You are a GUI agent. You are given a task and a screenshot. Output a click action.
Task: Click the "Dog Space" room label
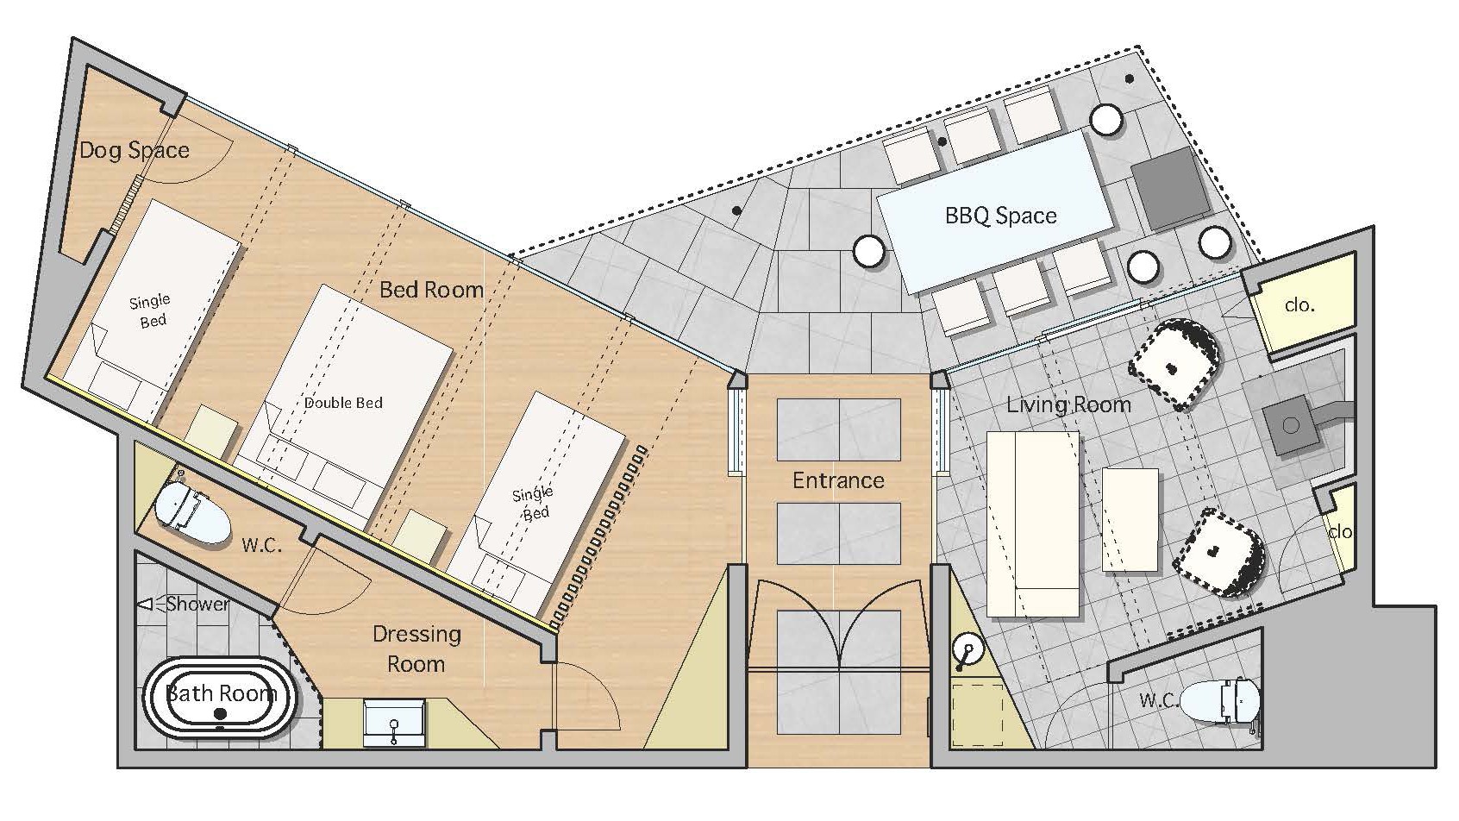[x=135, y=151]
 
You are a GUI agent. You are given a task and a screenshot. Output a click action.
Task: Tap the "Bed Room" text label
[x=431, y=289]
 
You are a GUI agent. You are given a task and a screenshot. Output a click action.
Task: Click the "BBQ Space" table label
[x=1000, y=216]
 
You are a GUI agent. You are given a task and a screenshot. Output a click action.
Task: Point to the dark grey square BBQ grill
[x=1170, y=188]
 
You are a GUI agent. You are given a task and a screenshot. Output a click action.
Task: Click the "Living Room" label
[x=1068, y=404]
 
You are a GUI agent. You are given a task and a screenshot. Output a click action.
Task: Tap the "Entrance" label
[x=838, y=481]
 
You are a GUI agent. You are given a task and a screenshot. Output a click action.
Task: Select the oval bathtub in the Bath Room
[x=220, y=698]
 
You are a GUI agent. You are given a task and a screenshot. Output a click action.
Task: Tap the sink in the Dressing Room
[x=394, y=723]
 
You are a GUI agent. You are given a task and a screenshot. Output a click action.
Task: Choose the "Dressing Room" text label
[x=416, y=649]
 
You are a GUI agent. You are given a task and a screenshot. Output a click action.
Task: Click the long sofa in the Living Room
[x=1032, y=523]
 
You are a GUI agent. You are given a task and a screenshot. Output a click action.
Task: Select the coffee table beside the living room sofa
[x=1130, y=520]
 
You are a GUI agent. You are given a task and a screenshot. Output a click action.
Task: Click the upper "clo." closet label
[x=1299, y=305]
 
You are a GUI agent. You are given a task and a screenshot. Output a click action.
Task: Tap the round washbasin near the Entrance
[x=967, y=650]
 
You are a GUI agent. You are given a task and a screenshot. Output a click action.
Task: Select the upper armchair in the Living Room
[x=1174, y=364]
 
